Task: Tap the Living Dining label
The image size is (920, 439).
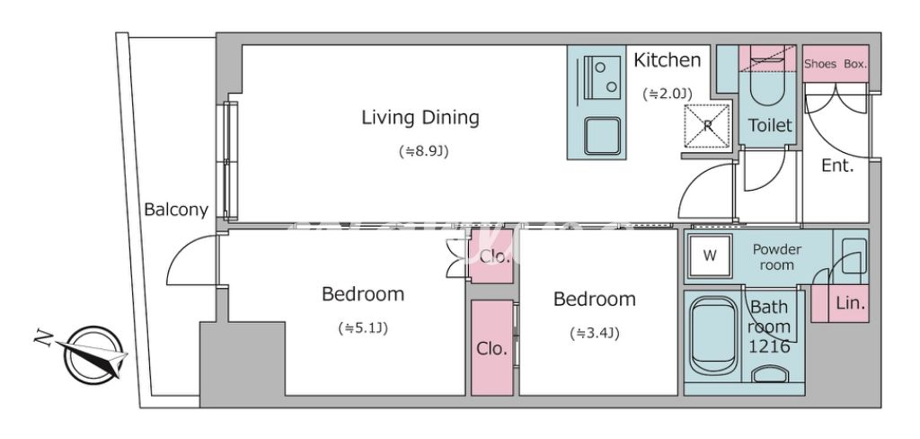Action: pyautogui.click(x=420, y=118)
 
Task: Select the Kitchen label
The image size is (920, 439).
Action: pyautogui.click(x=668, y=60)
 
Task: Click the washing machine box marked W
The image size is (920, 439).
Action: pyautogui.click(x=710, y=255)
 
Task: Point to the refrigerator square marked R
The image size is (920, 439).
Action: pyautogui.click(x=708, y=125)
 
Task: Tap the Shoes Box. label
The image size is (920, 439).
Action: pyautogui.click(x=835, y=64)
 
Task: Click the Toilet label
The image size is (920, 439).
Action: pyautogui.click(x=770, y=125)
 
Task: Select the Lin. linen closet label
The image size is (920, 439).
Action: pyautogui.click(x=850, y=304)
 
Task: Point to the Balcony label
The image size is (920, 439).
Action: pyautogui.click(x=176, y=210)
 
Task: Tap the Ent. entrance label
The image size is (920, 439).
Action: pyautogui.click(x=836, y=166)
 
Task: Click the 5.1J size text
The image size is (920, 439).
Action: pyautogui.click(x=363, y=328)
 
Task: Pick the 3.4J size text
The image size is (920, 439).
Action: pyautogui.click(x=595, y=334)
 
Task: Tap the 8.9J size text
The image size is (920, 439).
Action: pyautogui.click(x=422, y=152)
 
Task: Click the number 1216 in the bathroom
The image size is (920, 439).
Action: pyautogui.click(x=769, y=346)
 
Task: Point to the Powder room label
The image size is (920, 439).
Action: pyautogui.click(x=777, y=257)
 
